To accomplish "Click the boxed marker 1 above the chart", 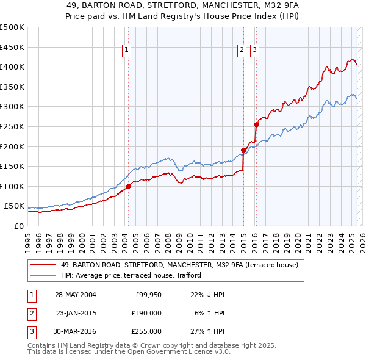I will pyautogui.click(x=127, y=51).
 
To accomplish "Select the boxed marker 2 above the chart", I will pyautogui.click(x=242, y=51).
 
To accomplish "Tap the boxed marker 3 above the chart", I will pyautogui.click(x=254, y=51).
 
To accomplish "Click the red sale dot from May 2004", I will pyautogui.click(x=128, y=187).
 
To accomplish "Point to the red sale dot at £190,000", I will pyautogui.click(x=243, y=150).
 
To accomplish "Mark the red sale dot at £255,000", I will pyautogui.click(x=256, y=124).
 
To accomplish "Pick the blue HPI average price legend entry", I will pyautogui.click(x=135, y=276).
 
